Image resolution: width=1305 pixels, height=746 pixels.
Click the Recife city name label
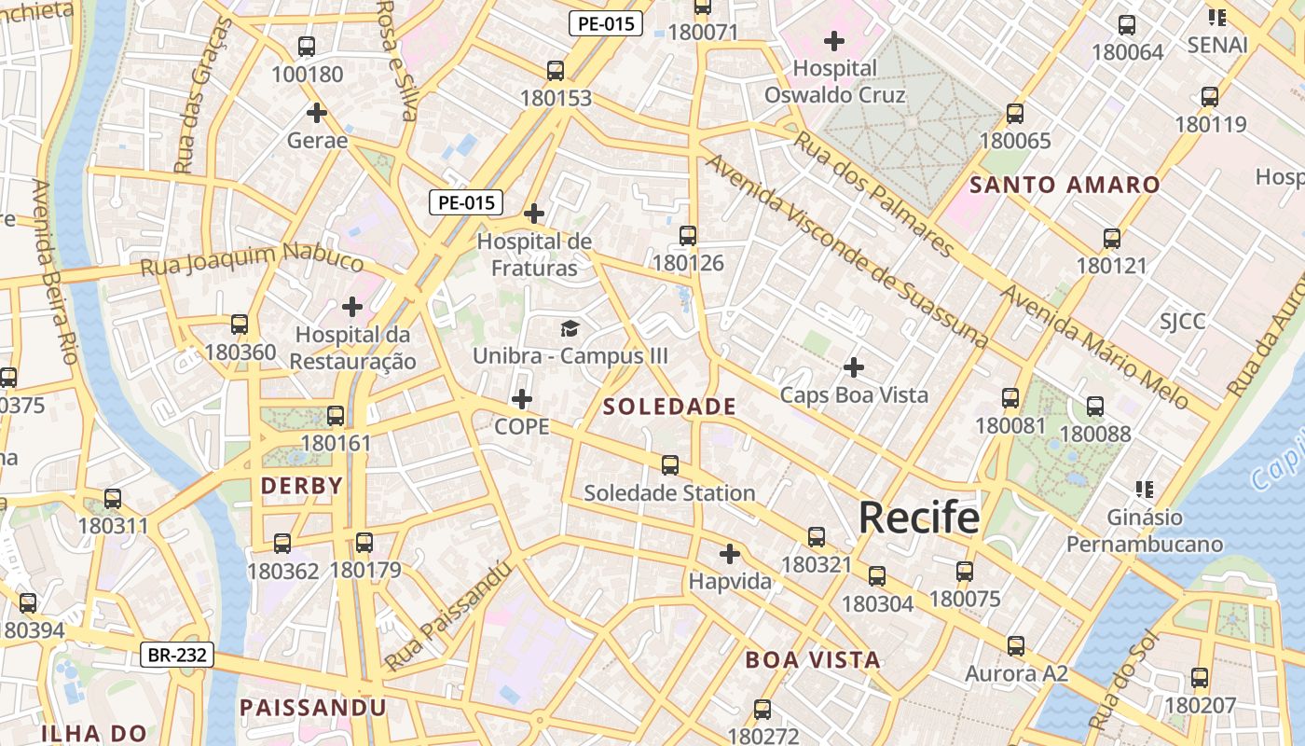(x=919, y=518)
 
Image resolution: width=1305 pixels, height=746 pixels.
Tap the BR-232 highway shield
(x=178, y=655)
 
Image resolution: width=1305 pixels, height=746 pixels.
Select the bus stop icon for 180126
(x=688, y=236)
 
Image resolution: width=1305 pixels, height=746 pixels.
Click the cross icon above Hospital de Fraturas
(x=534, y=214)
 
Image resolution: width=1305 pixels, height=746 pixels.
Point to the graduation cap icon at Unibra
(x=570, y=328)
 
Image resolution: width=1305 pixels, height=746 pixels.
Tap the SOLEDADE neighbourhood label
(x=669, y=407)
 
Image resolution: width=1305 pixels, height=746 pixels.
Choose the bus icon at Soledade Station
(x=669, y=465)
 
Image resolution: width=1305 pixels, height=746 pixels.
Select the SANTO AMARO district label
(x=1065, y=185)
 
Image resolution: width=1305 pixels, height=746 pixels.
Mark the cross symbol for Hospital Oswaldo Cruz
(x=834, y=41)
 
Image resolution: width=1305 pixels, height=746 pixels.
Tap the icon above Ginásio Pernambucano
(x=1145, y=490)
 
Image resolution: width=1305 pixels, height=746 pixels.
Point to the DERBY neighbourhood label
(x=301, y=486)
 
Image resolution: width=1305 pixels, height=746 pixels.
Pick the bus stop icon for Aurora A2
(x=1016, y=645)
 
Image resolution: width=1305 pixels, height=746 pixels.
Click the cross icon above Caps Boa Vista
(x=854, y=367)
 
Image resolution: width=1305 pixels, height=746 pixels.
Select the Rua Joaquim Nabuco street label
(x=252, y=260)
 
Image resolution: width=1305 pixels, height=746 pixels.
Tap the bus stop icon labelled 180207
(x=1200, y=678)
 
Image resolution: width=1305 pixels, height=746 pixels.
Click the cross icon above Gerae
(x=317, y=113)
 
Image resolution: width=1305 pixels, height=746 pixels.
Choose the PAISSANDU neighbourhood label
(x=313, y=708)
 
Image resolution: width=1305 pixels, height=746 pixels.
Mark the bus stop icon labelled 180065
(x=1015, y=114)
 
